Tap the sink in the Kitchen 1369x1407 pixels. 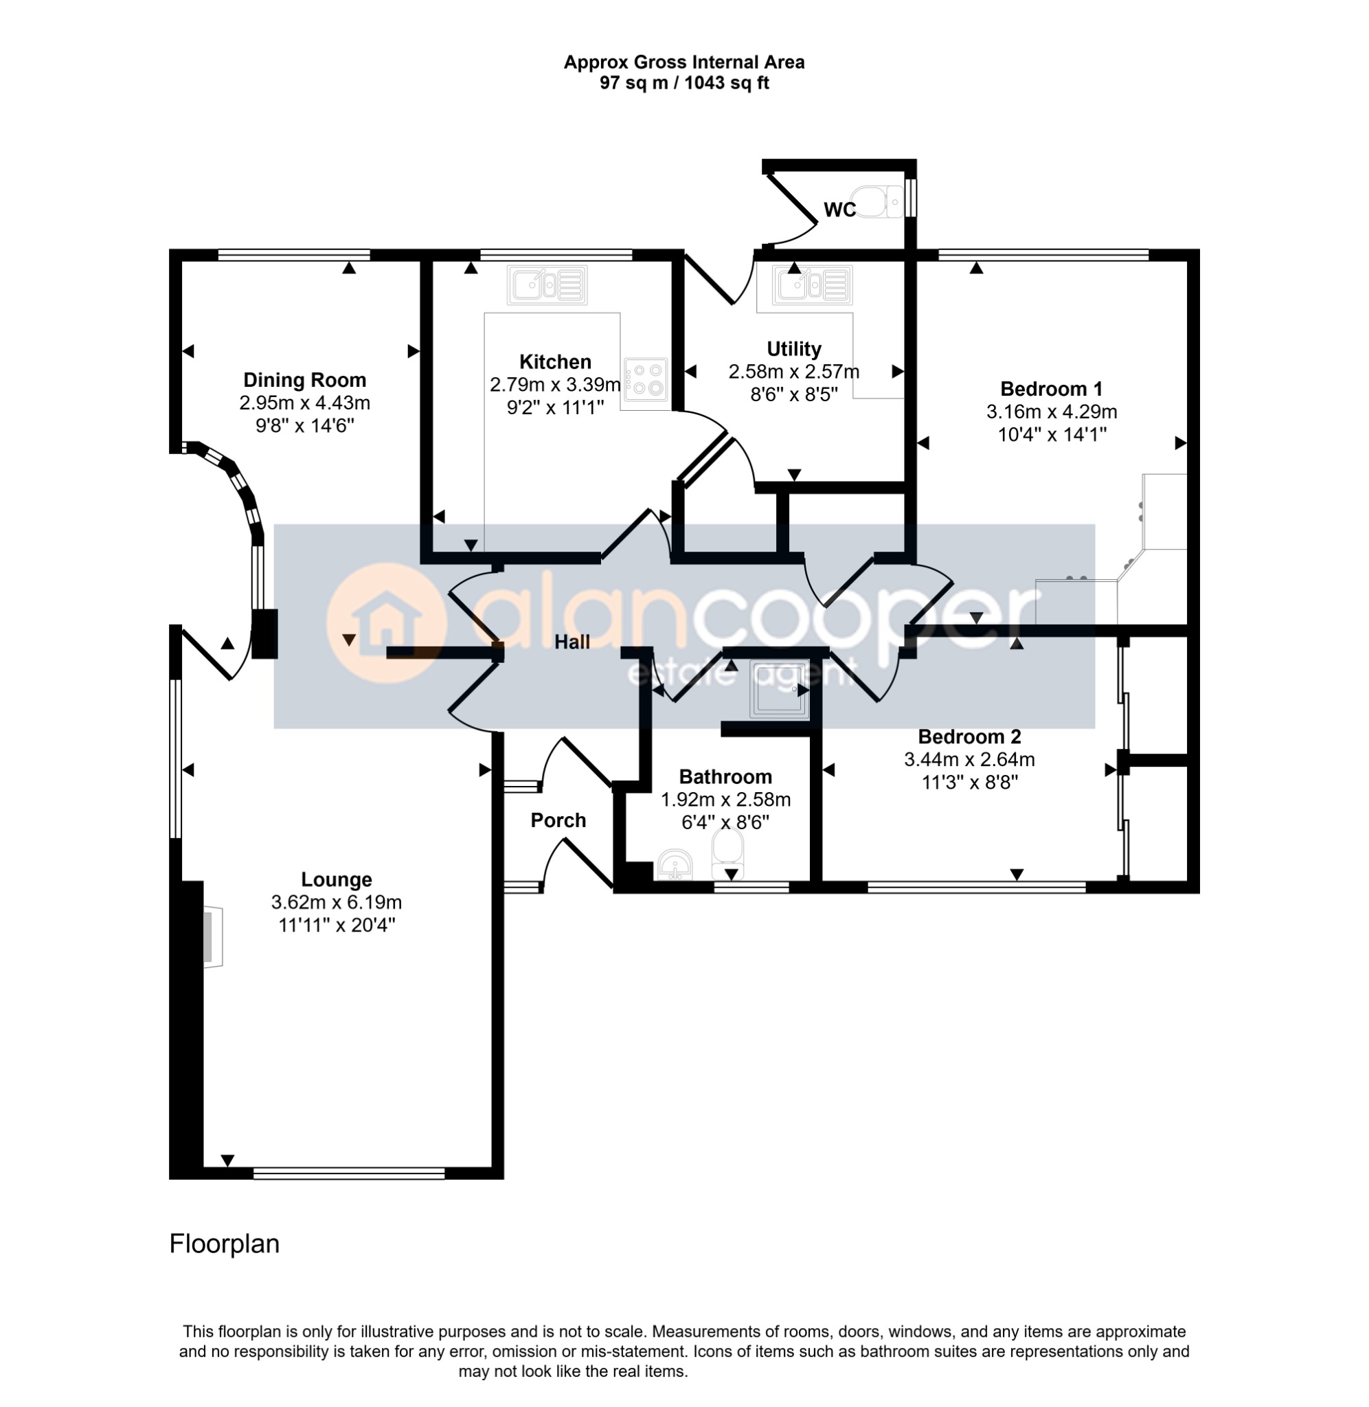[x=547, y=284]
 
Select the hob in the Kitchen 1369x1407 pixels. [x=646, y=379]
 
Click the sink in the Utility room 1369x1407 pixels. [x=813, y=284]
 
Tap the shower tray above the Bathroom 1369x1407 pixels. [x=779, y=690]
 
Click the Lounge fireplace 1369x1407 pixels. [x=213, y=937]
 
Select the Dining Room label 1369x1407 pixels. [x=305, y=380]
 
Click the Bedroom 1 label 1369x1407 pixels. [x=1051, y=389]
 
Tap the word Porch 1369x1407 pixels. [x=558, y=820]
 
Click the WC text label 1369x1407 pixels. [x=840, y=210]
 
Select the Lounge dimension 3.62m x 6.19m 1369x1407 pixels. [x=337, y=901]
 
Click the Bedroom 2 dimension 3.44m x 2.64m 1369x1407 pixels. [x=969, y=758]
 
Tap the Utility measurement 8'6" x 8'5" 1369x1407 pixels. [x=794, y=394]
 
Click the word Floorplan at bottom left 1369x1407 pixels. [x=225, y=1243]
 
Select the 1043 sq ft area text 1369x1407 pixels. [x=726, y=82]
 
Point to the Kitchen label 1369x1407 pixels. [x=555, y=361]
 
